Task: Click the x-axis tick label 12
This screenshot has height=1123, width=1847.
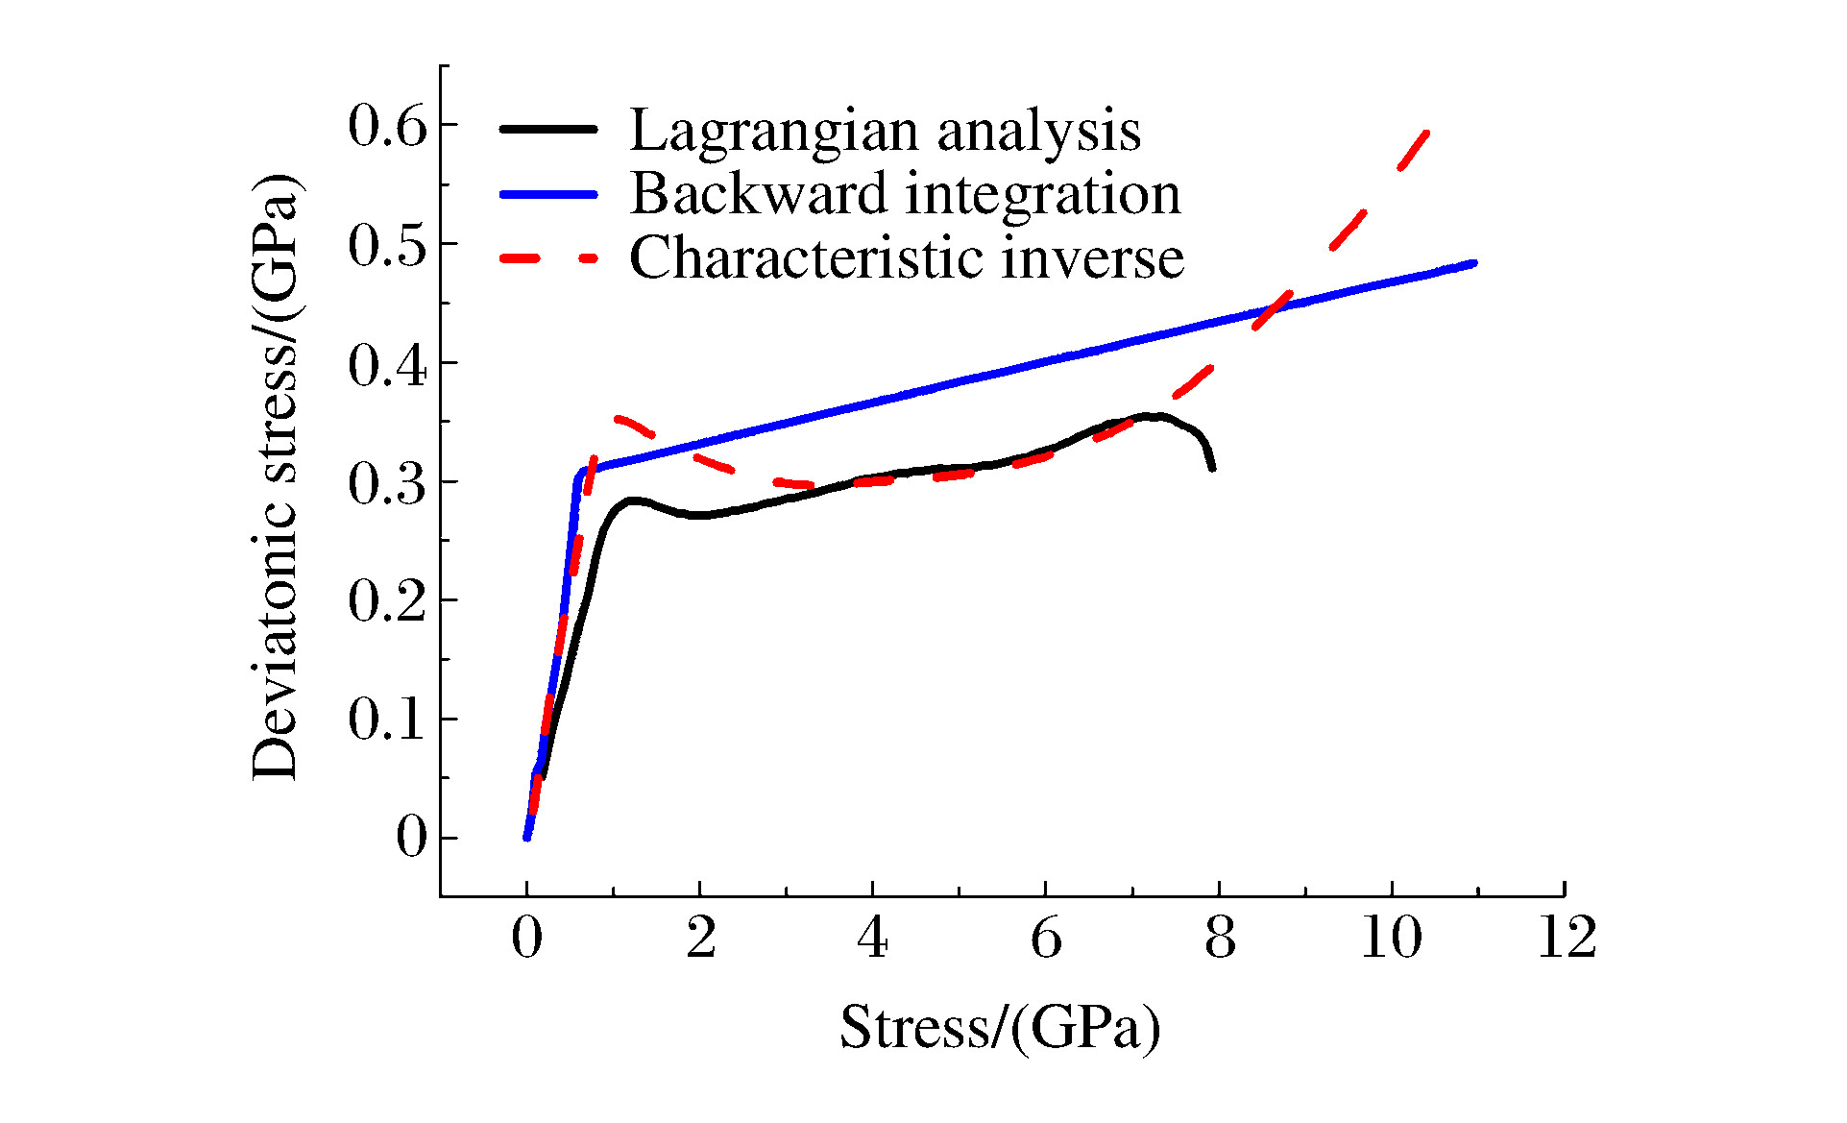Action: coord(1567,938)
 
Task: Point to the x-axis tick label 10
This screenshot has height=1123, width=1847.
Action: coord(1392,938)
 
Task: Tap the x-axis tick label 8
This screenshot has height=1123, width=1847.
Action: coord(1220,938)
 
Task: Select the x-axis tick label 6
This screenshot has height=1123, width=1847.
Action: coord(1046,938)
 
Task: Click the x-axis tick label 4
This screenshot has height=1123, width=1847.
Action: coord(872,938)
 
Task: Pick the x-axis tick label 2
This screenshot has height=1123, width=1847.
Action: coord(700,938)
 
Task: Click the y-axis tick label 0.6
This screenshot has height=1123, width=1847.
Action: coord(387,126)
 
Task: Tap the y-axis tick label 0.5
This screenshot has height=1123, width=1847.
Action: coord(387,245)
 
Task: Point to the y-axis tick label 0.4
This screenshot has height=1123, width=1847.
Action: coord(387,364)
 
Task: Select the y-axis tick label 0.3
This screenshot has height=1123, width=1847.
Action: coord(387,483)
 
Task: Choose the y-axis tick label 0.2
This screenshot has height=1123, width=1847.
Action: coord(387,601)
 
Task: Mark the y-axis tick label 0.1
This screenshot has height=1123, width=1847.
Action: coord(387,720)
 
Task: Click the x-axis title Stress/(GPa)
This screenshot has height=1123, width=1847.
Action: coord(1000,1028)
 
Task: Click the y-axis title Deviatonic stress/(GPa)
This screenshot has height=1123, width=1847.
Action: coord(277,477)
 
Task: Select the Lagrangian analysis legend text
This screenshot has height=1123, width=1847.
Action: coord(885,130)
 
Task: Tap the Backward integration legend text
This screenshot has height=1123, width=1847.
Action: coord(905,193)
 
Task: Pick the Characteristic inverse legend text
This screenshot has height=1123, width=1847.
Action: coord(907,257)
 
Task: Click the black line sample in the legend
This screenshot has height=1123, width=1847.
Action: coord(548,129)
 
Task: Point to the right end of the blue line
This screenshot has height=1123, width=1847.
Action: coord(1473,262)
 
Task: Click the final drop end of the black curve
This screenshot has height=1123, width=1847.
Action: coord(1213,468)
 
